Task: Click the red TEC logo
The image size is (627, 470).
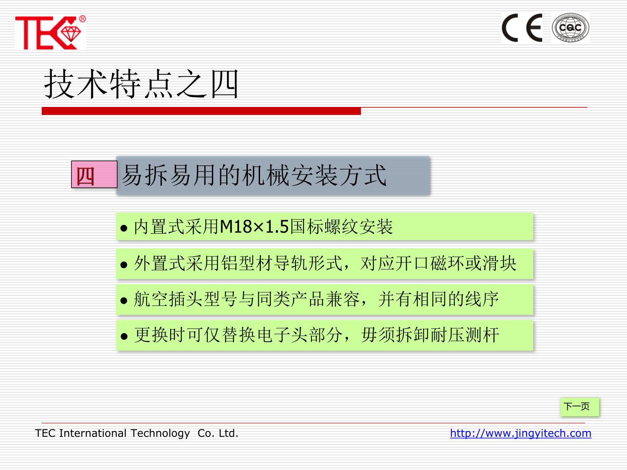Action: tap(50, 33)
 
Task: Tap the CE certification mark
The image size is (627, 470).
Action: tap(522, 28)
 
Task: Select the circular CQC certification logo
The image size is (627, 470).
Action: tap(571, 28)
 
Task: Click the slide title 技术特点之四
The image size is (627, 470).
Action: tap(141, 84)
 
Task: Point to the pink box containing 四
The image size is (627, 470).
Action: tap(94, 174)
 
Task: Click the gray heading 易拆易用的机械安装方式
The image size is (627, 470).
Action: tap(254, 175)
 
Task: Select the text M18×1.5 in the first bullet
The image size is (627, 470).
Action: tap(254, 227)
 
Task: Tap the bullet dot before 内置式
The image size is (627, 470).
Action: tap(124, 228)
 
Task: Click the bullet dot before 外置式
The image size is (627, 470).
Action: tap(124, 265)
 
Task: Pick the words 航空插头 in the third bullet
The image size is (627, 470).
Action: tap(168, 299)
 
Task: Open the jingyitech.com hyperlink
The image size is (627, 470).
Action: tap(520, 433)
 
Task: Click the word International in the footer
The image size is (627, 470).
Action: tap(93, 433)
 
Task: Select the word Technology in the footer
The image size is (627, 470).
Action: tap(160, 434)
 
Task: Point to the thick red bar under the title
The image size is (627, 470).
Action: tap(201, 111)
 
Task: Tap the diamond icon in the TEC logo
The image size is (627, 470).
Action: tap(71, 34)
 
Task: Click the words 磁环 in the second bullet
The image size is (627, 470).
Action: tap(448, 263)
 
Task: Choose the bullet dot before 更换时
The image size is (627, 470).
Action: tap(124, 336)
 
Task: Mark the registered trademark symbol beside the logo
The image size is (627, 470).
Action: tap(82, 19)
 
